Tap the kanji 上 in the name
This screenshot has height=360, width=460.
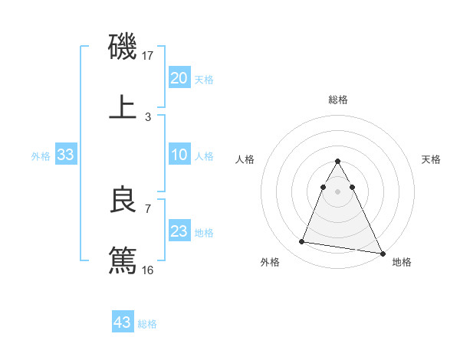click(x=123, y=108)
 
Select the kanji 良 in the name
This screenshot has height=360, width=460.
click(x=123, y=200)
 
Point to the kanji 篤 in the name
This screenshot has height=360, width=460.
click(x=123, y=259)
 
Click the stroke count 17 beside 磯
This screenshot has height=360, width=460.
click(x=149, y=56)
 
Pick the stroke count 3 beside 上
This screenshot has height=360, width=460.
click(x=148, y=117)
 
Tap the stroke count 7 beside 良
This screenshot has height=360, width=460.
click(x=148, y=208)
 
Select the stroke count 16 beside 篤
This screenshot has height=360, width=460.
click(x=149, y=270)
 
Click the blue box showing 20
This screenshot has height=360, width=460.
click(x=179, y=78)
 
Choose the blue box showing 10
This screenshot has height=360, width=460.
click(x=179, y=155)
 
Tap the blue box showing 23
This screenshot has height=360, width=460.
click(x=179, y=231)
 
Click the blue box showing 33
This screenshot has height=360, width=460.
click(x=66, y=155)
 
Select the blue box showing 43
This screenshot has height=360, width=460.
click(x=123, y=322)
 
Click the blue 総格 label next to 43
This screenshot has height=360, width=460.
click(x=148, y=324)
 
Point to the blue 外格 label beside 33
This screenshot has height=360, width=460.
click(x=41, y=156)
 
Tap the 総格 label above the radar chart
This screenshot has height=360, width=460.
click(x=337, y=100)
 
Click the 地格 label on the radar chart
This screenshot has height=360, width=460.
click(x=402, y=263)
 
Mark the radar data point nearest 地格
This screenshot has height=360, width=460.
click(x=383, y=254)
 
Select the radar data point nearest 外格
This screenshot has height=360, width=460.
click(x=301, y=242)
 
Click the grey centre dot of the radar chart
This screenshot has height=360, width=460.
click(x=337, y=190)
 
